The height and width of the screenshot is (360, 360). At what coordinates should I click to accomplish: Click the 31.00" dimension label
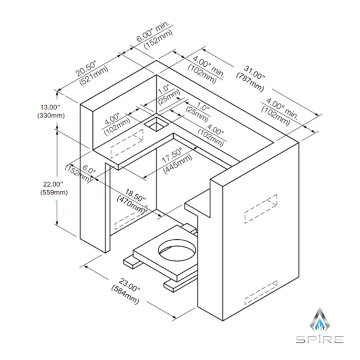tap(255, 72)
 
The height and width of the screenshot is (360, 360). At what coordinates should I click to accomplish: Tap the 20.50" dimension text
tap(86, 68)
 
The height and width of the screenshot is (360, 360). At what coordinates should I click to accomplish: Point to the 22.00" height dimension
tap(53, 184)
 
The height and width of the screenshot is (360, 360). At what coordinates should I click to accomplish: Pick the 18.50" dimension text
tap(135, 195)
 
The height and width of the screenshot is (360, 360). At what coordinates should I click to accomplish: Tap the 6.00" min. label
tap(153, 31)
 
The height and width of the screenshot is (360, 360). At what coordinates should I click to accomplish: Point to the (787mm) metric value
tap(250, 82)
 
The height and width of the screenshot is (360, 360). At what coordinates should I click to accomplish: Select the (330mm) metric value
tap(51, 115)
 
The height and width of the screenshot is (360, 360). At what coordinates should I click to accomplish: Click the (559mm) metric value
tap(54, 193)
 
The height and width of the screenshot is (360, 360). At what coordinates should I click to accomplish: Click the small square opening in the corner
tap(156, 124)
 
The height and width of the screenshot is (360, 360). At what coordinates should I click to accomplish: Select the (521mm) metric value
tap(93, 76)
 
